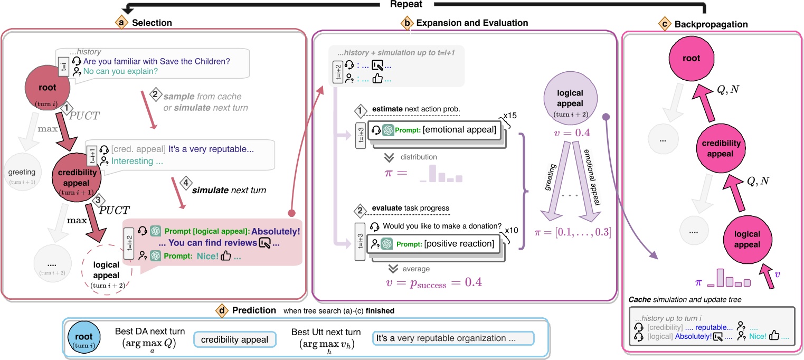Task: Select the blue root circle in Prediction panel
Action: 85,338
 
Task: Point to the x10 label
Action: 508,231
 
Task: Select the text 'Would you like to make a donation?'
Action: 441,226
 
